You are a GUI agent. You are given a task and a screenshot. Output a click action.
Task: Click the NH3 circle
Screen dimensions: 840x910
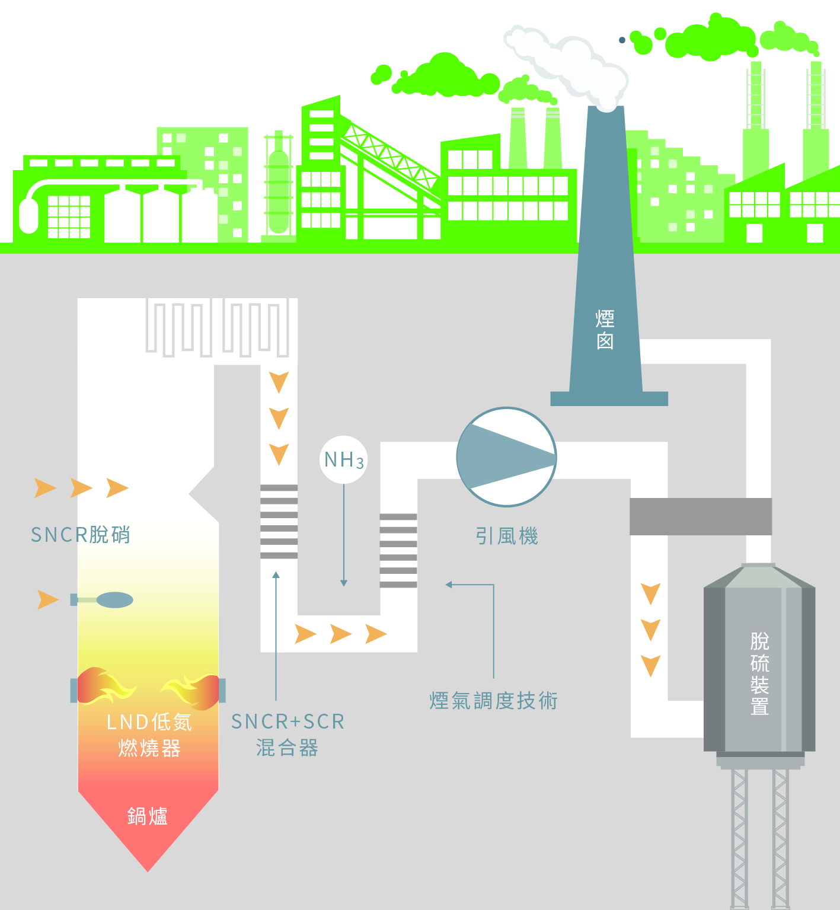pos(344,459)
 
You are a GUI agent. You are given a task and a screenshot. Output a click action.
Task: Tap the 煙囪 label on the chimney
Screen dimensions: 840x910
pos(605,330)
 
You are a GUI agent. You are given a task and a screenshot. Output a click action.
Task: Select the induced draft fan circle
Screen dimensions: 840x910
pos(507,456)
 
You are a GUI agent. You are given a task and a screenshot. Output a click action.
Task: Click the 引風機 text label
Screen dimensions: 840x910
pos(507,536)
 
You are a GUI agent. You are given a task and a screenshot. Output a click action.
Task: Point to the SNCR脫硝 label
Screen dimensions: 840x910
pos(81,535)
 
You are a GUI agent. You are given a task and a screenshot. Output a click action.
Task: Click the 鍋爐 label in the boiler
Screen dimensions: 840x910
pos(148,816)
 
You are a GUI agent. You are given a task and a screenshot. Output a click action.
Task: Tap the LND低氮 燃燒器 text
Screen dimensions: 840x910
pos(149,735)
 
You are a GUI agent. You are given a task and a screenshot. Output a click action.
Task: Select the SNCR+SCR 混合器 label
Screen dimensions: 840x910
pos(288,735)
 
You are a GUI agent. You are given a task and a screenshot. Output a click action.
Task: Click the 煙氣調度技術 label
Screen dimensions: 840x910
pos(494,701)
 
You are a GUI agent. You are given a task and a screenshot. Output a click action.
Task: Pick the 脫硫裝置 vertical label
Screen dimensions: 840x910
pos(759,673)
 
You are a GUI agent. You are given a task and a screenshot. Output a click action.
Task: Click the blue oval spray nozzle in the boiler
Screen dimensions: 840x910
pos(114,600)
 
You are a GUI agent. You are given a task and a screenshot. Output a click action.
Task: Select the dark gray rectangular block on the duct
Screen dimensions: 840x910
pos(701,516)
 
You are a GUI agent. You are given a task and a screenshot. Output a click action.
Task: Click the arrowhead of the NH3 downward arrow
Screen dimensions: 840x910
pos(344,583)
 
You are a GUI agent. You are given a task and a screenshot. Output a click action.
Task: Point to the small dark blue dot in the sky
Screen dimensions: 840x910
pos(622,40)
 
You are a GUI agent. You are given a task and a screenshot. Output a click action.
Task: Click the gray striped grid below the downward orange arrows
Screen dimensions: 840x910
pos(279,522)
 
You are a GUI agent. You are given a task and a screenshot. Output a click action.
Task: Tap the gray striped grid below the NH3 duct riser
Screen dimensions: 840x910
pos(398,551)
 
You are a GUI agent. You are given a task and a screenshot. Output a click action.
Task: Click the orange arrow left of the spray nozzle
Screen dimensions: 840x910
pos(48,599)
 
